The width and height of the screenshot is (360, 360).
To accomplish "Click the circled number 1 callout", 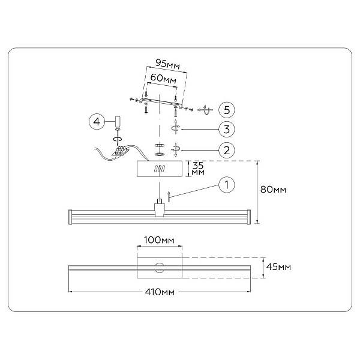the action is (x=227, y=185).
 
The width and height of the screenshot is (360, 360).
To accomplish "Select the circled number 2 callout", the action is (x=227, y=150).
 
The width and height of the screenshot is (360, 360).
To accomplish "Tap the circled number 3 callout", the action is (x=227, y=129).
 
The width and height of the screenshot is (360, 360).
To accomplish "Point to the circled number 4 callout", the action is (x=97, y=121).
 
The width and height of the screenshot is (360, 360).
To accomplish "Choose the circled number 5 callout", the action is (x=227, y=110).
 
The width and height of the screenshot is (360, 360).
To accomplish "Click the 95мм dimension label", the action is (x=167, y=64).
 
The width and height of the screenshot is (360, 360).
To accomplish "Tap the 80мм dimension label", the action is (x=273, y=190).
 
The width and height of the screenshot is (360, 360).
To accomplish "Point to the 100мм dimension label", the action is (x=159, y=240).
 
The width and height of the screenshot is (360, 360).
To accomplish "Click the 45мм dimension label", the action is (x=278, y=267).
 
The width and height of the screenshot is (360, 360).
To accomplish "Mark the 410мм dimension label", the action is (x=160, y=292).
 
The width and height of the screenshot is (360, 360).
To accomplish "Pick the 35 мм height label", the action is (x=198, y=169).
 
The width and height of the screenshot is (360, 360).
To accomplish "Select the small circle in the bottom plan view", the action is (x=160, y=268).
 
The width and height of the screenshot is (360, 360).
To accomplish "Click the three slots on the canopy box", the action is (x=160, y=169).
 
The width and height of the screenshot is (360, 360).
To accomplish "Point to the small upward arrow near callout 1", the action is (x=169, y=196).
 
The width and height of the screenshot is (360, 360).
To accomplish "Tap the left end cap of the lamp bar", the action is (x=70, y=217).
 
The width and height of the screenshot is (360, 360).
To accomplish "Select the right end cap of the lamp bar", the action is (x=248, y=217).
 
